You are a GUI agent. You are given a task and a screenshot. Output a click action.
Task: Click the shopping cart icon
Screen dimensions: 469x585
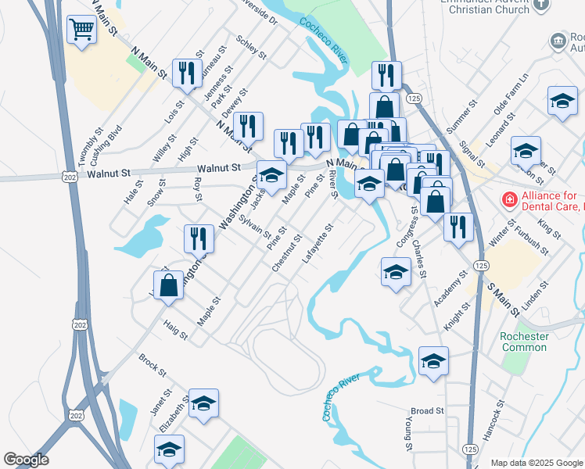[81, 30]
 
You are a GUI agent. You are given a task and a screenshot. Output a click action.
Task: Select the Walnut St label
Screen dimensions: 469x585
[218, 168]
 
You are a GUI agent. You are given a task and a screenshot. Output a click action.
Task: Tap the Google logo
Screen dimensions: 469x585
[26, 460]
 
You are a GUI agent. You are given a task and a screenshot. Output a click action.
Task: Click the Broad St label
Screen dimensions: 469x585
[427, 410]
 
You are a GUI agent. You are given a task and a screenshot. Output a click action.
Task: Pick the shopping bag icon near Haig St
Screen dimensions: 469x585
[168, 285]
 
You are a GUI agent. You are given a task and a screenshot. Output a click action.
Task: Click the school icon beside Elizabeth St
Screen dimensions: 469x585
[203, 403]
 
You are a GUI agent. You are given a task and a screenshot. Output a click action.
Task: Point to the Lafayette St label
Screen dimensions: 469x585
[318, 242]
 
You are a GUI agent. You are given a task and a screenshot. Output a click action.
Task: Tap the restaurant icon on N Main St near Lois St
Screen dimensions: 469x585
[185, 73]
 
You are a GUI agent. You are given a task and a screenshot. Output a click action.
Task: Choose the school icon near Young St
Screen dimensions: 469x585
[433, 361]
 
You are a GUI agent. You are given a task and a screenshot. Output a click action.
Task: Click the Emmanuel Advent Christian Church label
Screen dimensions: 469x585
[484, 7]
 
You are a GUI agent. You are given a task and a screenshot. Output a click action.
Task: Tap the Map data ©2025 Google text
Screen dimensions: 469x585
[536, 463]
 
